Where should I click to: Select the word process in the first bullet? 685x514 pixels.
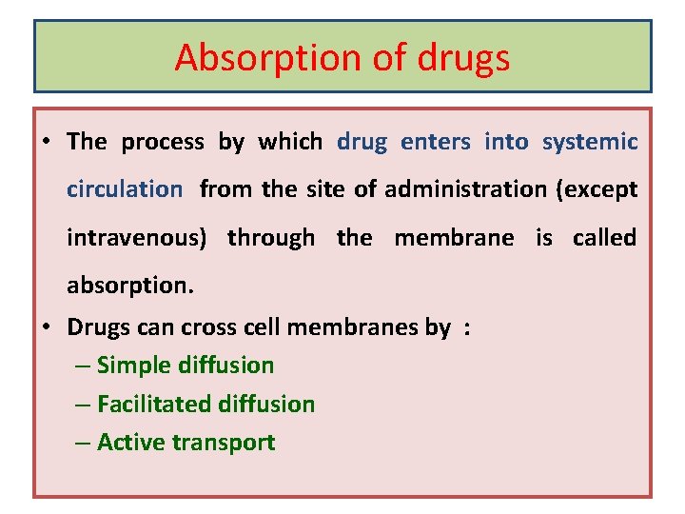[163, 143]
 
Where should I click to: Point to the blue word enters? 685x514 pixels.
[436, 142]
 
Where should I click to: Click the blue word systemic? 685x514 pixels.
[590, 142]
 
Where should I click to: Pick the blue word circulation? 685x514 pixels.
[124, 188]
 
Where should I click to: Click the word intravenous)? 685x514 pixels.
[137, 238]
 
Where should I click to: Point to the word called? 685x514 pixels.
[604, 237]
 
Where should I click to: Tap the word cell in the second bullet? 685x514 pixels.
[264, 327]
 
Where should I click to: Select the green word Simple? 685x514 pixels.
[130, 366]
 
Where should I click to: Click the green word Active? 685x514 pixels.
[127, 442]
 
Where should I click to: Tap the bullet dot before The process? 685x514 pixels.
[46, 143]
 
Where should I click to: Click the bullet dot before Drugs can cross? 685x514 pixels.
[46, 327]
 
